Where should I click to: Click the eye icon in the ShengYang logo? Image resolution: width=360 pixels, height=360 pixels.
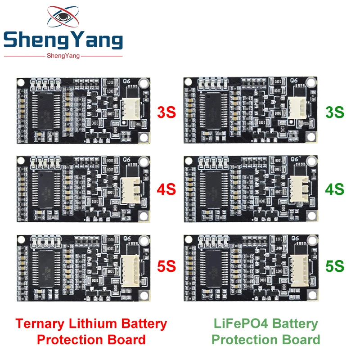click(x=63, y=18)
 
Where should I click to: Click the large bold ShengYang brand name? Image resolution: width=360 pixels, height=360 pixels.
click(x=63, y=41)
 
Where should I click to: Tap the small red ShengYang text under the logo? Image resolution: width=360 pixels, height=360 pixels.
click(x=63, y=55)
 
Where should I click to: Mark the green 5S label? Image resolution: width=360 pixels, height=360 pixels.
click(x=335, y=266)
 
